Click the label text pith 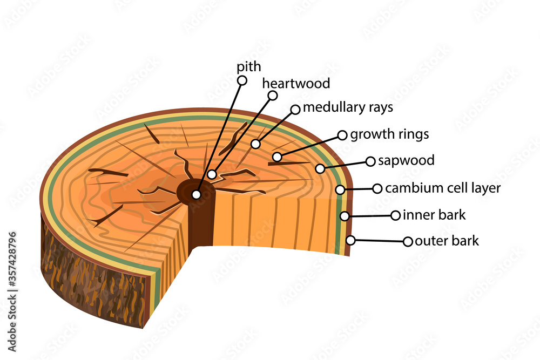click(249, 67)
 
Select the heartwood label click(296, 84)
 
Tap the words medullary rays click(348, 107)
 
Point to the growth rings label click(389, 134)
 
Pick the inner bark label click(434, 215)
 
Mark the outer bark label click(447, 241)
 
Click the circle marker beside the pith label click(242, 80)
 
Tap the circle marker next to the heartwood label click(273, 96)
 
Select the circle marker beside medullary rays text click(295, 110)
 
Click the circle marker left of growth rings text click(342, 135)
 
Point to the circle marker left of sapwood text click(370, 161)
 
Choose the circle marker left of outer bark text click(408, 241)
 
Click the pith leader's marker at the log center click(197, 194)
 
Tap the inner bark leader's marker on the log click(345, 216)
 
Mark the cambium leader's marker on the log click(340, 189)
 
